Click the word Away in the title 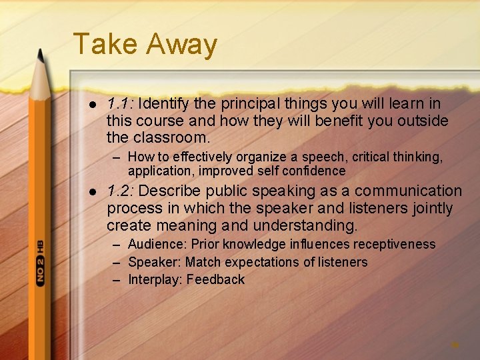(x=181, y=45)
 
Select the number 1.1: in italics (x=120, y=104)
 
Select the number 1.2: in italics (x=120, y=191)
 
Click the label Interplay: (x=155, y=279)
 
